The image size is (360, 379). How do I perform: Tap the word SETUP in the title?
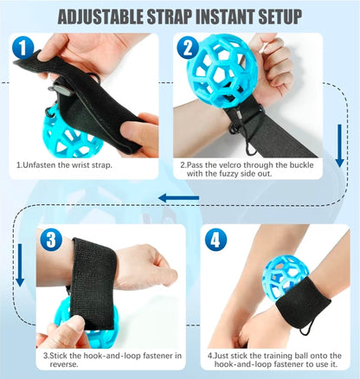click(275, 16)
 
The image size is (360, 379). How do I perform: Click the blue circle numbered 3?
click(51, 239)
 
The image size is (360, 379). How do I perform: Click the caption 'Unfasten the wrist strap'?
click(65, 164)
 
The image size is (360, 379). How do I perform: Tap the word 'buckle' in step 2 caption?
click(294, 164)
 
